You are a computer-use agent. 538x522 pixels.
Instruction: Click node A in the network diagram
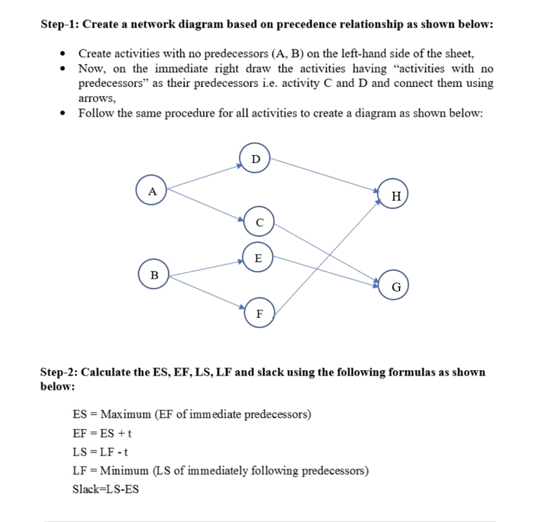153,191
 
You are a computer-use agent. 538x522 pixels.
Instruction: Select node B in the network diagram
154,275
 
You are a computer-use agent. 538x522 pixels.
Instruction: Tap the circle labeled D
256,159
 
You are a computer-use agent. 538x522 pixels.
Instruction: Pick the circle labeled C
259,223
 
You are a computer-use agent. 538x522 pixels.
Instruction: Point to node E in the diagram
258,258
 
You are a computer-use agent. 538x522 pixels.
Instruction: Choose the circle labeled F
259,314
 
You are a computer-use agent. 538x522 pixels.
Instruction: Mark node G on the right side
396,286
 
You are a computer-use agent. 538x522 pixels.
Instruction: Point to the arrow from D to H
325,174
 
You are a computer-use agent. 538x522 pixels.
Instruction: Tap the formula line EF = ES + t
103,433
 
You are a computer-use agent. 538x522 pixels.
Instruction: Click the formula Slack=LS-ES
105,489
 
